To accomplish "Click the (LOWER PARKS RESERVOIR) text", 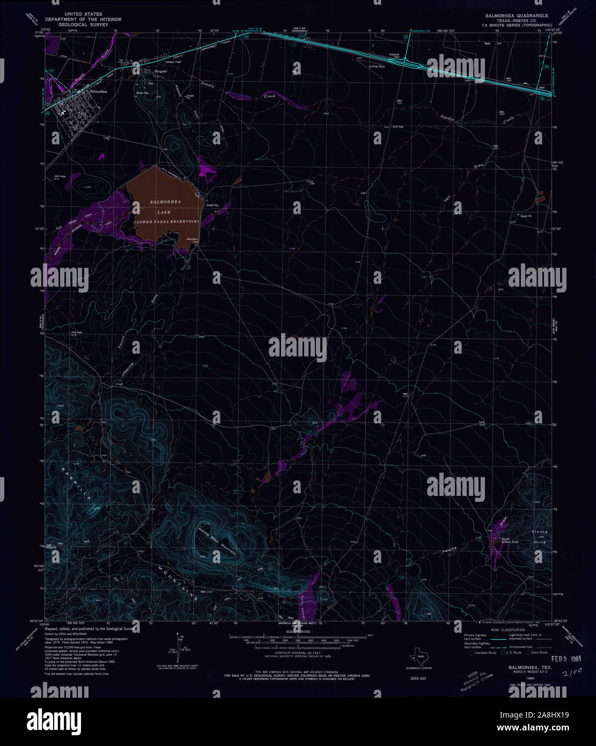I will click(166, 221).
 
